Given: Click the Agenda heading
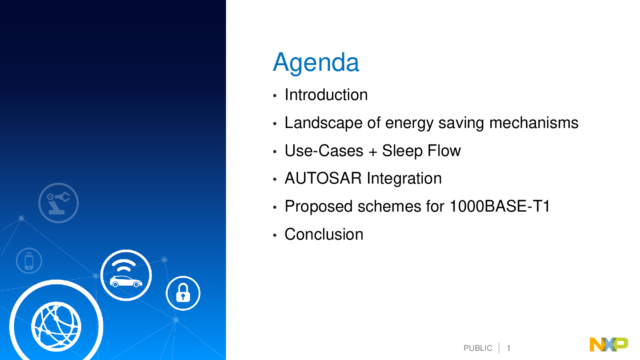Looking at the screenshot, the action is click(316, 63).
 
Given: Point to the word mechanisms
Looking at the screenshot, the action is click(534, 123).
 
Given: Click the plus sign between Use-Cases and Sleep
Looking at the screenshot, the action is click(372, 152).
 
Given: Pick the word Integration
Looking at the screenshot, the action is click(404, 179).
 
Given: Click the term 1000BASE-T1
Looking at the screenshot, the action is click(500, 206).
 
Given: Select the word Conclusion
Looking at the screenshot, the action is click(324, 234).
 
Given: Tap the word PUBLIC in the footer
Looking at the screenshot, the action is click(478, 348).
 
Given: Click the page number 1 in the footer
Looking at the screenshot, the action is click(508, 348).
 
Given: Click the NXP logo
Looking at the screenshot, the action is click(608, 344).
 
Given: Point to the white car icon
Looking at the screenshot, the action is click(126, 282).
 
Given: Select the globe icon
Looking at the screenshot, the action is click(56, 326).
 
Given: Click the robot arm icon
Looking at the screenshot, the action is click(58, 203).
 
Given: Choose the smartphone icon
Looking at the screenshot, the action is click(29, 260).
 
